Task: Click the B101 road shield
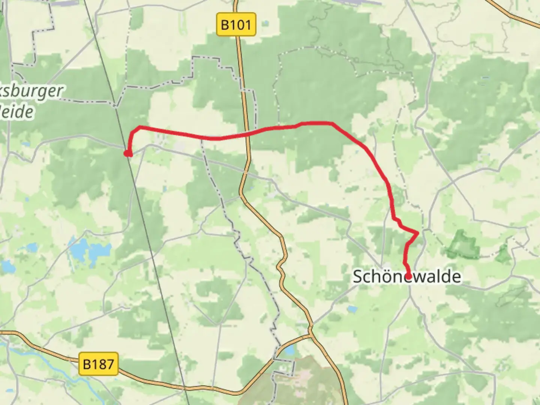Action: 236,25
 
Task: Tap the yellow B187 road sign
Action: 99,364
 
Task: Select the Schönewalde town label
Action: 407,277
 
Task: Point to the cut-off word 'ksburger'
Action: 31,91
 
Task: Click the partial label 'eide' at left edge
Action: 17,112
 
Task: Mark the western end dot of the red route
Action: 128,153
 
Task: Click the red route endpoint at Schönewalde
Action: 408,277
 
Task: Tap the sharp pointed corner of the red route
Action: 418,233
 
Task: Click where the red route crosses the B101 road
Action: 247,133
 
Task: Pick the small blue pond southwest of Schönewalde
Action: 352,309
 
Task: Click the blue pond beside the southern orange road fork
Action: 289,351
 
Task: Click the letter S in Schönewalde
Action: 358,277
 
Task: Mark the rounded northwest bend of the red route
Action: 135,130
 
